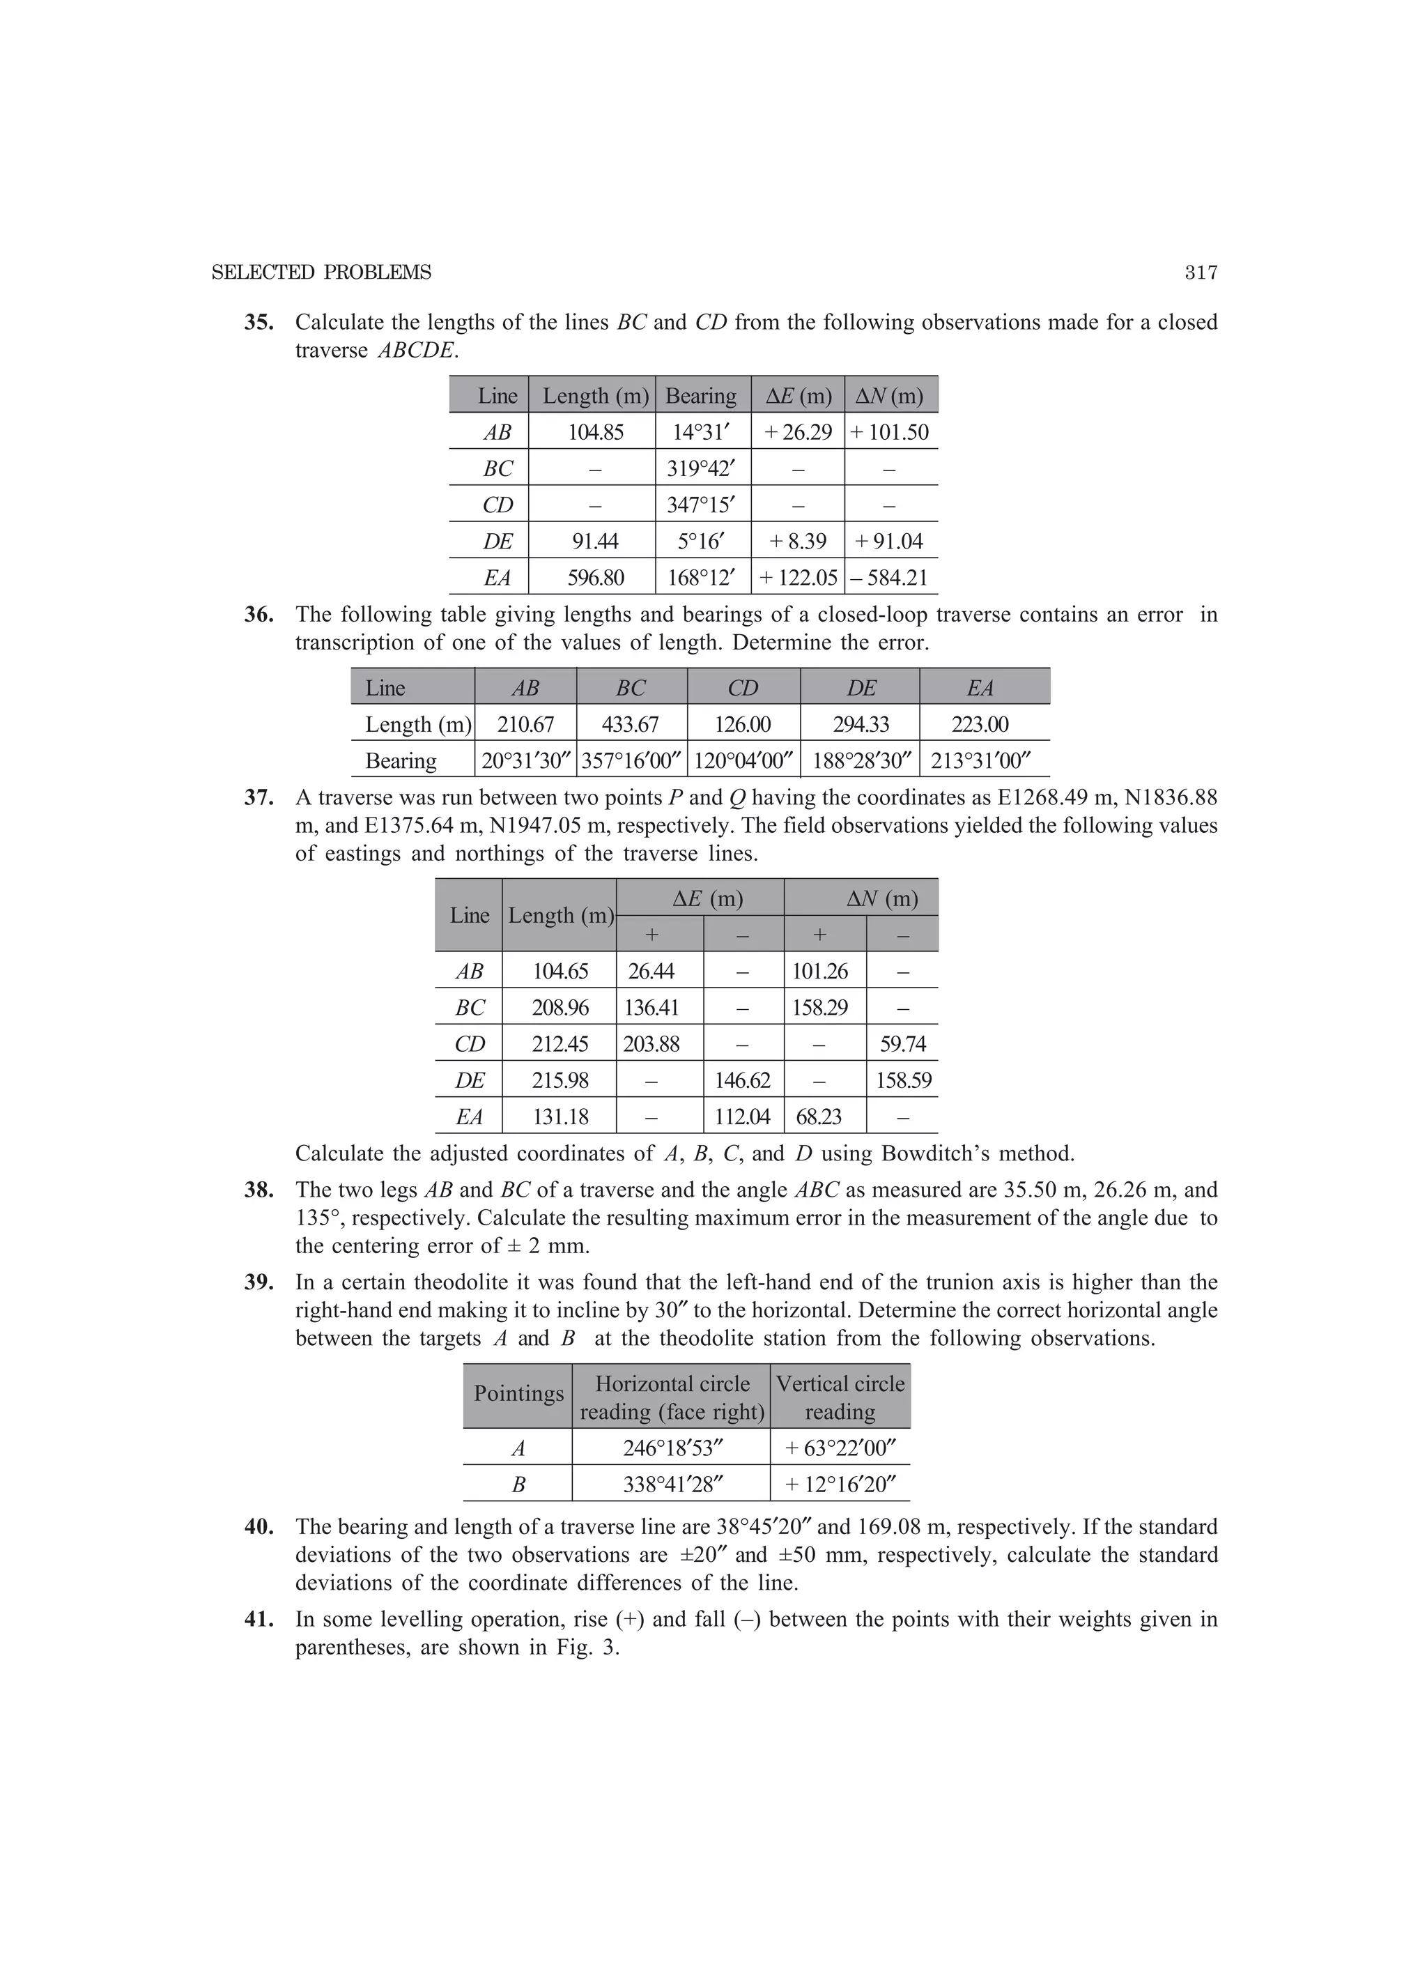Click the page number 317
[x=1201, y=273]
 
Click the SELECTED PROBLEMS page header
[x=321, y=273]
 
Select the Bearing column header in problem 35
[x=700, y=396]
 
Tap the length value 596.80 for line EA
[x=596, y=578]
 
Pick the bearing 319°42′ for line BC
[x=702, y=468]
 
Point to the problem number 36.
[x=258, y=615]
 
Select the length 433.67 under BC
[x=631, y=724]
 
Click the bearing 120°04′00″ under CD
[x=743, y=761]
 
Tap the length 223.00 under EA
[x=980, y=724]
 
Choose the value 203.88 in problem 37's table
[x=651, y=1044]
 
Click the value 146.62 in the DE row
[x=742, y=1081]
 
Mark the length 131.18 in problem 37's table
[x=560, y=1117]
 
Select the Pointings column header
[x=518, y=1393]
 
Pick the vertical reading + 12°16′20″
[x=840, y=1485]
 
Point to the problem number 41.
[x=258, y=1619]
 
